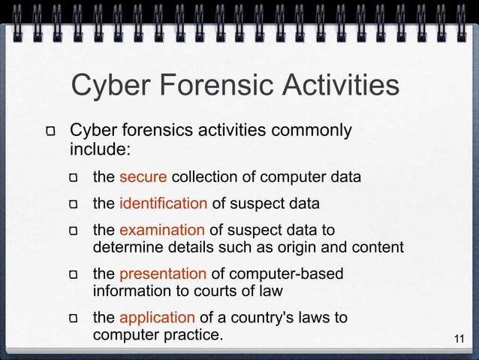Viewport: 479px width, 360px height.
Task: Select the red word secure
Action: tap(143, 177)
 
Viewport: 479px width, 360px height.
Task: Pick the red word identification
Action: tap(163, 203)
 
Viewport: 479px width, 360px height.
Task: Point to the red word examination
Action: tap(161, 229)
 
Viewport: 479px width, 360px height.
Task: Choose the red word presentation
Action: tap(162, 274)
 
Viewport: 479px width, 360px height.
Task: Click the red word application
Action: tap(157, 317)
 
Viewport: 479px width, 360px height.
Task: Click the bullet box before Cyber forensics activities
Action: tap(53, 132)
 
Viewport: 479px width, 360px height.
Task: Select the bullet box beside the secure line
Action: tap(74, 179)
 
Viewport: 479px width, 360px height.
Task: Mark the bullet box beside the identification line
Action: tap(74, 204)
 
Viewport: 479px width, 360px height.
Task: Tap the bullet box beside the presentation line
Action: tap(74, 275)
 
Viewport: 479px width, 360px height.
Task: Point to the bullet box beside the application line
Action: tap(74, 319)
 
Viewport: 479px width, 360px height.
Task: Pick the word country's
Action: tap(270, 317)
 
